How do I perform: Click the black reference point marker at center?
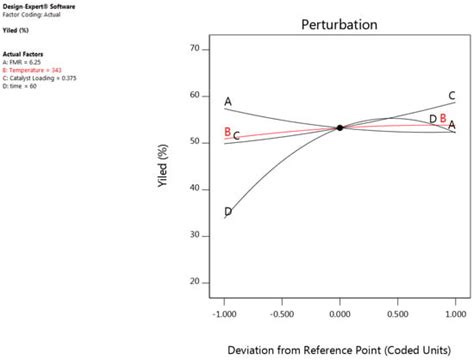(x=340, y=128)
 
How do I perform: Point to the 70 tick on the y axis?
(x=194, y=49)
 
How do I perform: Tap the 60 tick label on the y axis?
(x=194, y=96)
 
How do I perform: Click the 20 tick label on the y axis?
(x=194, y=282)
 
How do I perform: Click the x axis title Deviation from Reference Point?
(x=340, y=349)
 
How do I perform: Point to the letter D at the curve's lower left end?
(x=228, y=212)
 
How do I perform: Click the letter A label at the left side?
(x=228, y=102)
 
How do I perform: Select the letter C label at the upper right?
(x=452, y=97)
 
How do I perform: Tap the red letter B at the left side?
(x=228, y=132)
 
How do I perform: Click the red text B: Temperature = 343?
(x=35, y=70)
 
